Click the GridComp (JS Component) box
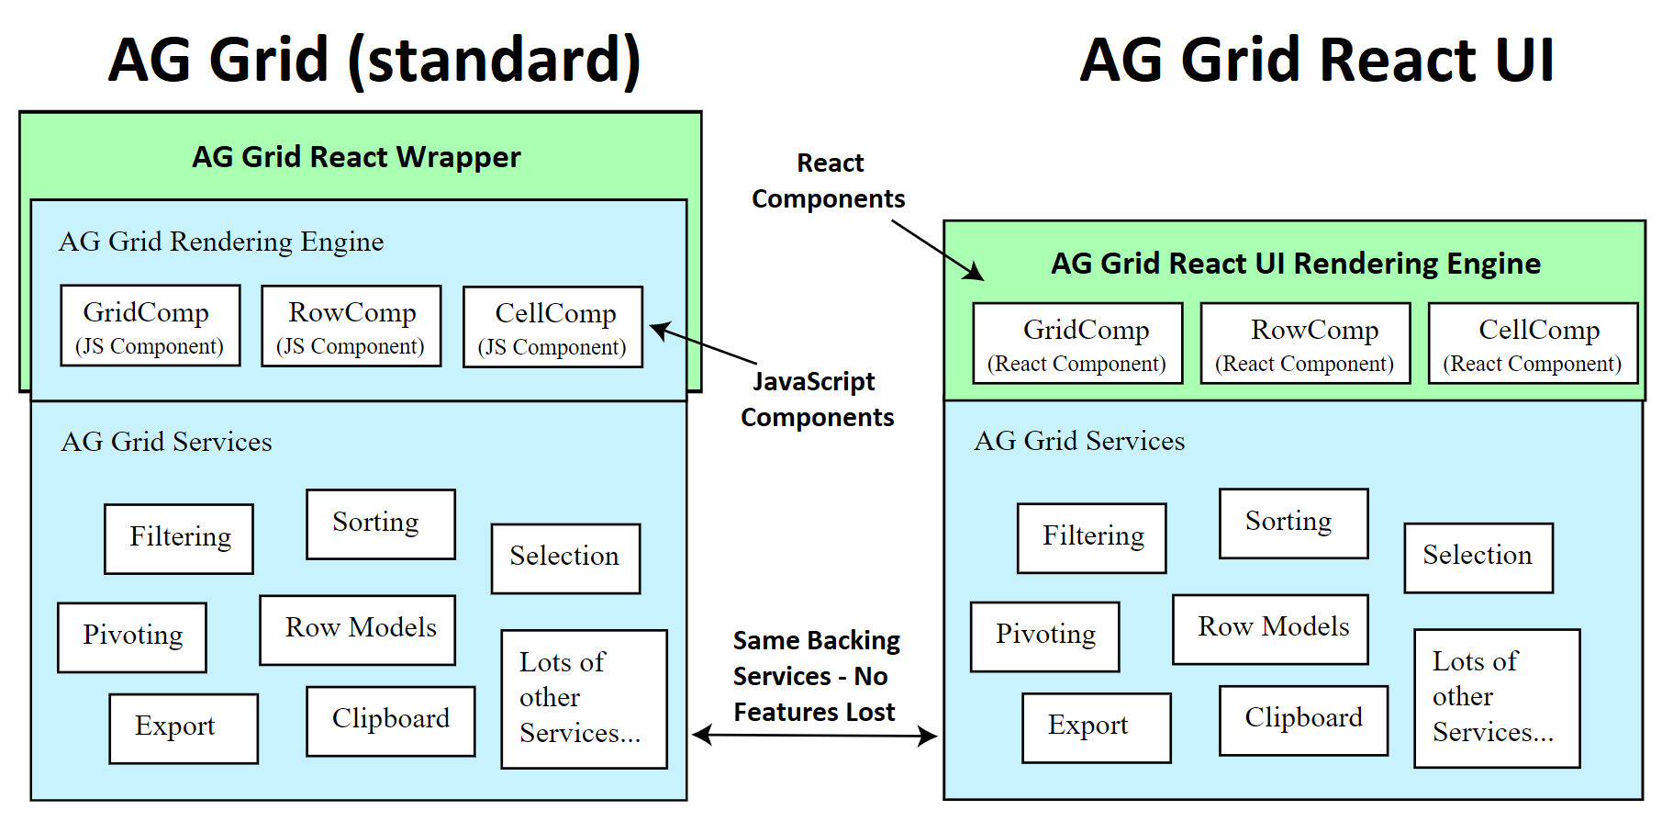pos(151,326)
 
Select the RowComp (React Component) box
pos(1305,343)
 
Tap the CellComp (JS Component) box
pos(552,327)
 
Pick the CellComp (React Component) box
pos(1533,343)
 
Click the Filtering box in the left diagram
pos(179,539)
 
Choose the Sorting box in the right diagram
pos(1293,523)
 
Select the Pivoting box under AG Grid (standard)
pos(132,637)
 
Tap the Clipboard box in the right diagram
pos(1303,720)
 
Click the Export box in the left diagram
pos(184,728)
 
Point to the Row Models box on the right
pos(1270,629)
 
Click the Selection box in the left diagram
pos(565,558)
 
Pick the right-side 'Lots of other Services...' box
pos(1497,698)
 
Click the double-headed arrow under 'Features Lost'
pos(814,735)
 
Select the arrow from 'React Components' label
pos(936,249)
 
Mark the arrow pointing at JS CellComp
pos(703,344)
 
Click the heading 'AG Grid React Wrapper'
pos(356,157)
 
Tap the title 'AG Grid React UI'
pos(1316,61)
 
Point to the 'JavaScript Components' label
pos(816,400)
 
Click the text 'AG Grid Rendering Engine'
pos(221,242)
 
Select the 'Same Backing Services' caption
pos(816,676)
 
